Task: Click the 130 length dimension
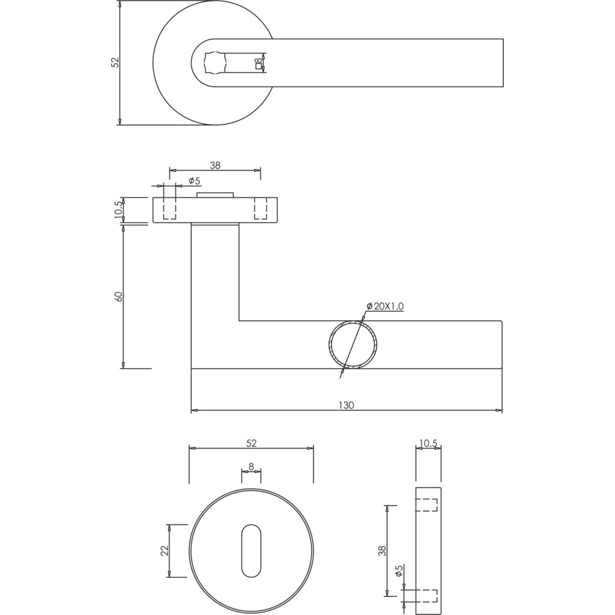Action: coord(346,405)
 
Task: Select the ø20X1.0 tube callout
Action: coord(385,306)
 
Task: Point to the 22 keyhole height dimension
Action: coord(165,551)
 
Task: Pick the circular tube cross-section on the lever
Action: coord(353,345)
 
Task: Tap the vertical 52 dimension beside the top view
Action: coord(115,62)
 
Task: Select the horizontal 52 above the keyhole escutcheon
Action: coord(252,443)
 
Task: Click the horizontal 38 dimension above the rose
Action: coord(215,166)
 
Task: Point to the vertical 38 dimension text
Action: coord(383,551)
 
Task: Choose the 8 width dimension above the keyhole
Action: coord(252,467)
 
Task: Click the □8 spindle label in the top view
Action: coord(258,64)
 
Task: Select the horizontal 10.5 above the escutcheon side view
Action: coord(428,444)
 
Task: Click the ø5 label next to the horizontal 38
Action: coord(195,181)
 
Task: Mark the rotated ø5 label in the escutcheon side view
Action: coord(399,571)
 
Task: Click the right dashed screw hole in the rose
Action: coord(261,208)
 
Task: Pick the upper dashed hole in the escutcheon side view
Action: coord(426,504)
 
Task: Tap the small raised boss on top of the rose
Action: coord(216,195)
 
